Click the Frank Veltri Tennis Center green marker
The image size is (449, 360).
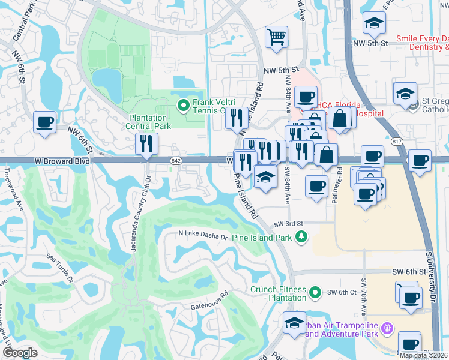coord(184,107)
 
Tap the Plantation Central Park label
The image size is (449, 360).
coord(148,122)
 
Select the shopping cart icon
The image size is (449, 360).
coord(277,37)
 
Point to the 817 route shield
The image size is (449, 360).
coord(396,142)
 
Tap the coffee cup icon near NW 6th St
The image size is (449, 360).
coord(44,122)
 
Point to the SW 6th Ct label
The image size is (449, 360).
coord(342,292)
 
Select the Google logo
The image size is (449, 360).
coord(20,353)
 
